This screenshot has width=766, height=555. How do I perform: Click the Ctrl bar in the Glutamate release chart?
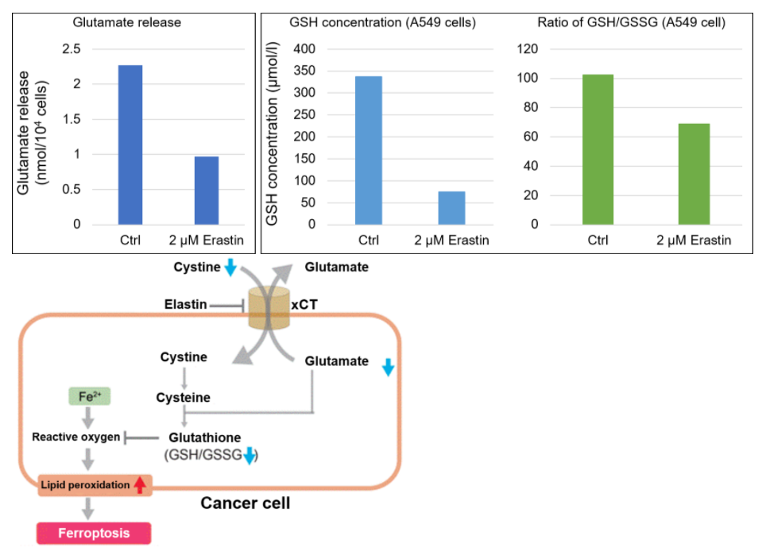tap(130, 145)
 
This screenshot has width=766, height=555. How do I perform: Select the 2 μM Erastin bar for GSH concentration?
tap(451, 208)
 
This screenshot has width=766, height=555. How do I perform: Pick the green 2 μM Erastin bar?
tap(694, 174)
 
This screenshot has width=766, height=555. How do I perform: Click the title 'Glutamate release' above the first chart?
tap(127, 22)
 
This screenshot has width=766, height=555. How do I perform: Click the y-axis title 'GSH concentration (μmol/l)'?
tap(272, 137)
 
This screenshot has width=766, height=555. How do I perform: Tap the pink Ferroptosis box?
tap(93, 533)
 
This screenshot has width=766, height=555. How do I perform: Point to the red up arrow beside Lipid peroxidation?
tap(140, 484)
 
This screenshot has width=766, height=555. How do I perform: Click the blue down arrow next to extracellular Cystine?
tap(230, 268)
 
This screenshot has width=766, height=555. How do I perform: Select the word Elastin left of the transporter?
tap(185, 304)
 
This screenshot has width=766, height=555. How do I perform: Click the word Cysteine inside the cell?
tap(184, 397)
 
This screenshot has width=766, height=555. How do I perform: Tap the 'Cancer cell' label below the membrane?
tap(245, 503)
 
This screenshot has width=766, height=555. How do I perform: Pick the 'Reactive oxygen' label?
tap(76, 437)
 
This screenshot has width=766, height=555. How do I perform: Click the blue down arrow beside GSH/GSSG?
tap(250, 455)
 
